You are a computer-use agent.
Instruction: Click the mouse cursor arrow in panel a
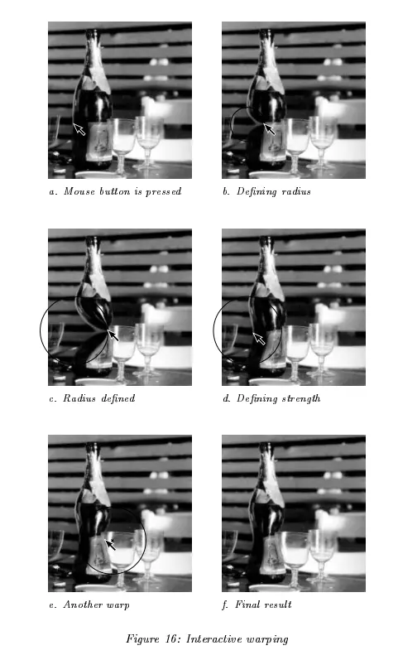(x=79, y=129)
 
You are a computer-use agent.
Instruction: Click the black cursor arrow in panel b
(x=269, y=128)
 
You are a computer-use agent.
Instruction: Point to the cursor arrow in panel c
(x=113, y=335)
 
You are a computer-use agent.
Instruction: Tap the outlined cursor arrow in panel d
(x=259, y=339)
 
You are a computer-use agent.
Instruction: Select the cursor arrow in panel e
(x=110, y=544)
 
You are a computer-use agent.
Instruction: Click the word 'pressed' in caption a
(x=163, y=192)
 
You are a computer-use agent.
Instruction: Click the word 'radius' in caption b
(x=296, y=191)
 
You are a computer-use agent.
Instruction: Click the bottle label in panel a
(x=99, y=142)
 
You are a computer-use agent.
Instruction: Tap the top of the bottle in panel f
(x=266, y=446)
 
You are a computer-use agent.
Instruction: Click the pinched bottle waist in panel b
(x=262, y=123)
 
